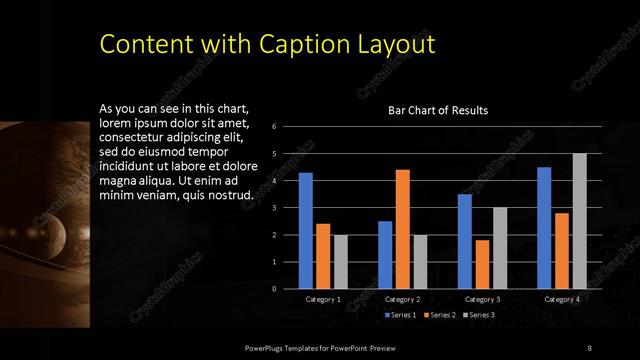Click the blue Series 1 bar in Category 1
pyautogui.click(x=306, y=231)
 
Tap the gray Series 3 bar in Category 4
pyautogui.click(x=579, y=221)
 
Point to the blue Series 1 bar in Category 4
pyautogui.click(x=544, y=228)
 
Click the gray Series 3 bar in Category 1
pyautogui.click(x=340, y=262)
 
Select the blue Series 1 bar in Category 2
pyautogui.click(x=385, y=255)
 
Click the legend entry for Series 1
pyautogui.click(x=401, y=315)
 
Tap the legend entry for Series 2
pyautogui.click(x=441, y=315)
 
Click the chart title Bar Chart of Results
pyautogui.click(x=438, y=111)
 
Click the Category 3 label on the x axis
pyautogui.click(x=482, y=299)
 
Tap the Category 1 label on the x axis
pyautogui.click(x=323, y=299)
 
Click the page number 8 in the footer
pyautogui.click(x=589, y=347)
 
